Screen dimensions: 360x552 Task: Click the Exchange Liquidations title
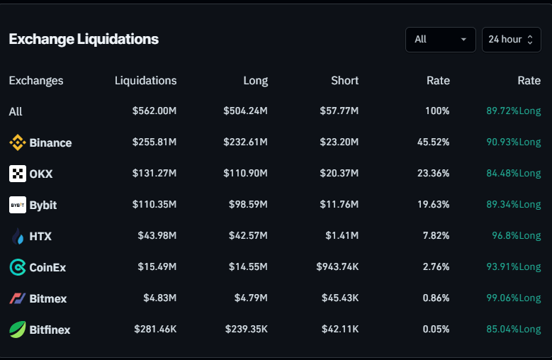[x=84, y=39]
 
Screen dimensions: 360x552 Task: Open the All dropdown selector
[x=440, y=40]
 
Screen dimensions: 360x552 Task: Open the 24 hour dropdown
[x=511, y=40]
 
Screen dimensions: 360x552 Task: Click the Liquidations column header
[x=145, y=81]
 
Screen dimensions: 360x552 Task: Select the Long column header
[x=255, y=81]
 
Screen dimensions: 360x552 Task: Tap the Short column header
[x=344, y=81]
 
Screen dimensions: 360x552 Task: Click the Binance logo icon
[x=18, y=142]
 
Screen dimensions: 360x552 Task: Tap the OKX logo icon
[x=18, y=174]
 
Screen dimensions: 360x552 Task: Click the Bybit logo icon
[x=18, y=205]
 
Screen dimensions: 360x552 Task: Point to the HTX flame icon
[x=18, y=236]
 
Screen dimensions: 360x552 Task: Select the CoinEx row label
[x=47, y=267]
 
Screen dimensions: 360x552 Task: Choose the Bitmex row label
[x=47, y=298]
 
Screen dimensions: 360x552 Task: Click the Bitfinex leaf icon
[x=18, y=330]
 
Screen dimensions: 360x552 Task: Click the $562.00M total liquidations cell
[x=154, y=111]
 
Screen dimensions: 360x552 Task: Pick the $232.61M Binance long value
[x=245, y=142]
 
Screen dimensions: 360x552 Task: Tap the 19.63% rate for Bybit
[x=433, y=205]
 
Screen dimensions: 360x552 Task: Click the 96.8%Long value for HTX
[x=516, y=236]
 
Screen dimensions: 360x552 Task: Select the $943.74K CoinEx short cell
[x=337, y=267]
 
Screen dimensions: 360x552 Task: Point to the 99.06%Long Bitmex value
[x=513, y=298]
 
